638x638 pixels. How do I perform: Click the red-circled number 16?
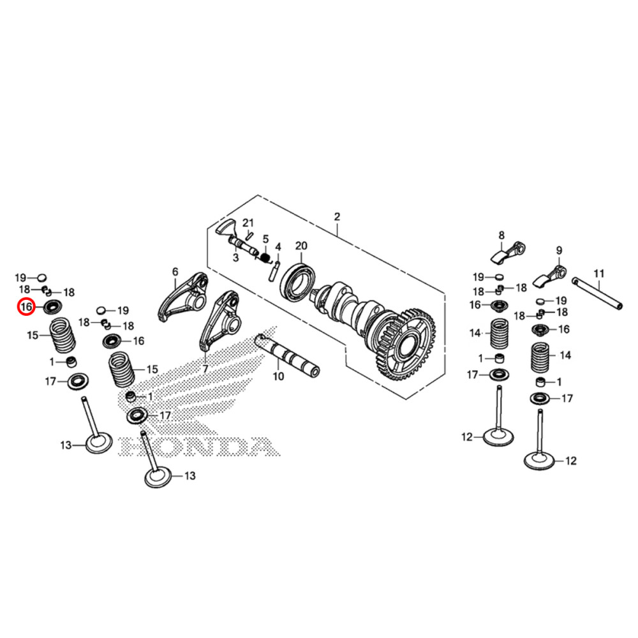26,308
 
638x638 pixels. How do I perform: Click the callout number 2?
337,218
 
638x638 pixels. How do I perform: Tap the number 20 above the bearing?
301,246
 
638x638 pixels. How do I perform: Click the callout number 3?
235,258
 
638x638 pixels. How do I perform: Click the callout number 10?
278,376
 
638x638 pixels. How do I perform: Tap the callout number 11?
598,274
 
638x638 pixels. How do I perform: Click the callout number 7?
205,369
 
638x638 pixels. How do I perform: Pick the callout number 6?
175,272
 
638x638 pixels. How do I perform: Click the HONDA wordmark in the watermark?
198,447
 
